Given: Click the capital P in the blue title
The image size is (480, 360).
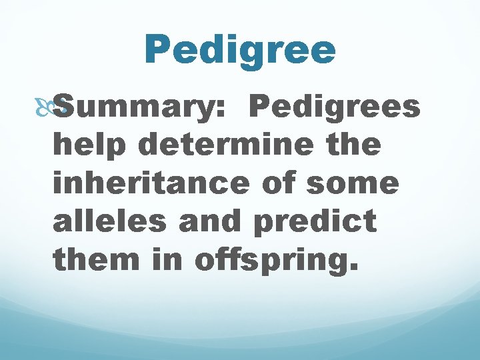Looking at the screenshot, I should tap(158, 50).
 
